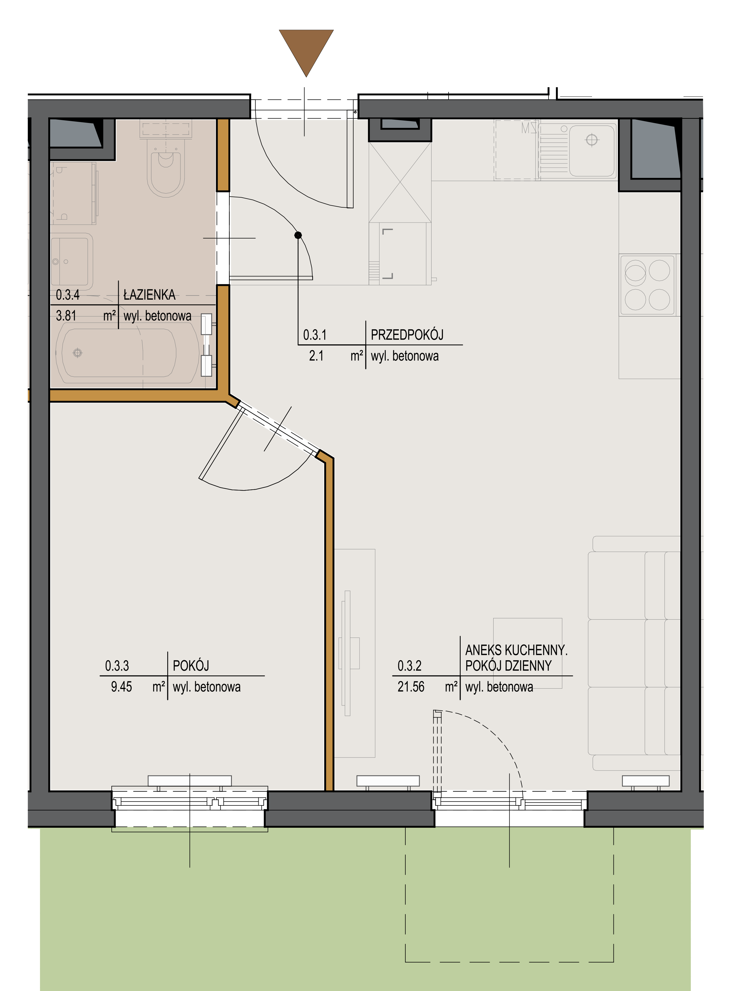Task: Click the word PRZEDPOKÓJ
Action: [x=407, y=335]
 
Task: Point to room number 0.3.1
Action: [x=315, y=335]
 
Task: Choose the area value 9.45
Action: [x=121, y=687]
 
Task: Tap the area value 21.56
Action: [x=411, y=687]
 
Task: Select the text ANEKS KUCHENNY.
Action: [x=516, y=650]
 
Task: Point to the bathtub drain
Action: [x=78, y=353]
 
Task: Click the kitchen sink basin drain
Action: [x=591, y=140]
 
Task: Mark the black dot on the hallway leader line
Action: [x=298, y=235]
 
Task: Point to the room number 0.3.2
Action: [x=409, y=666]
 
